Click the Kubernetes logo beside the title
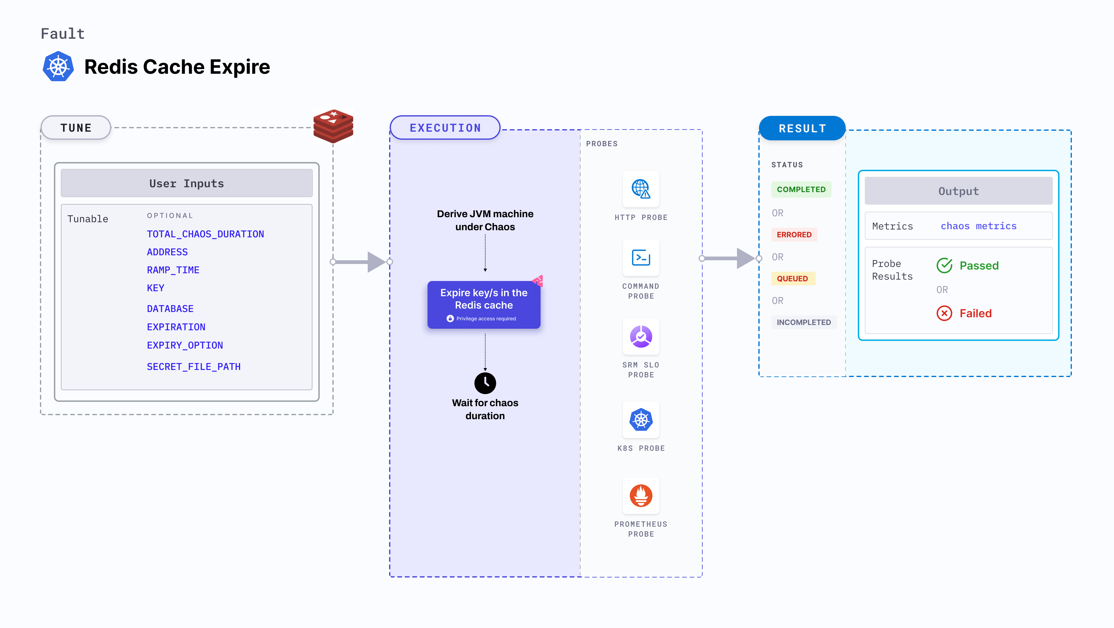coord(58,67)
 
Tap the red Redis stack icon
coord(333,126)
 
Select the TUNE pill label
coord(76,128)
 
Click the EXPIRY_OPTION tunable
coord(185,345)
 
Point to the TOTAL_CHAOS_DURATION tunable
coord(205,234)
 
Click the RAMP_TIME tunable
coord(173,270)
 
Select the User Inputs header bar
coord(186,183)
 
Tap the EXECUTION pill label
coord(445,128)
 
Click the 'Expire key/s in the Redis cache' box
coord(484,305)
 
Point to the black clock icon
coord(485,383)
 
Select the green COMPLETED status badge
coord(801,189)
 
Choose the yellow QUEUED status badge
coord(792,279)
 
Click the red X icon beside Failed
coord(944,313)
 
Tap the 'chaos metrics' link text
coord(978,226)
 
